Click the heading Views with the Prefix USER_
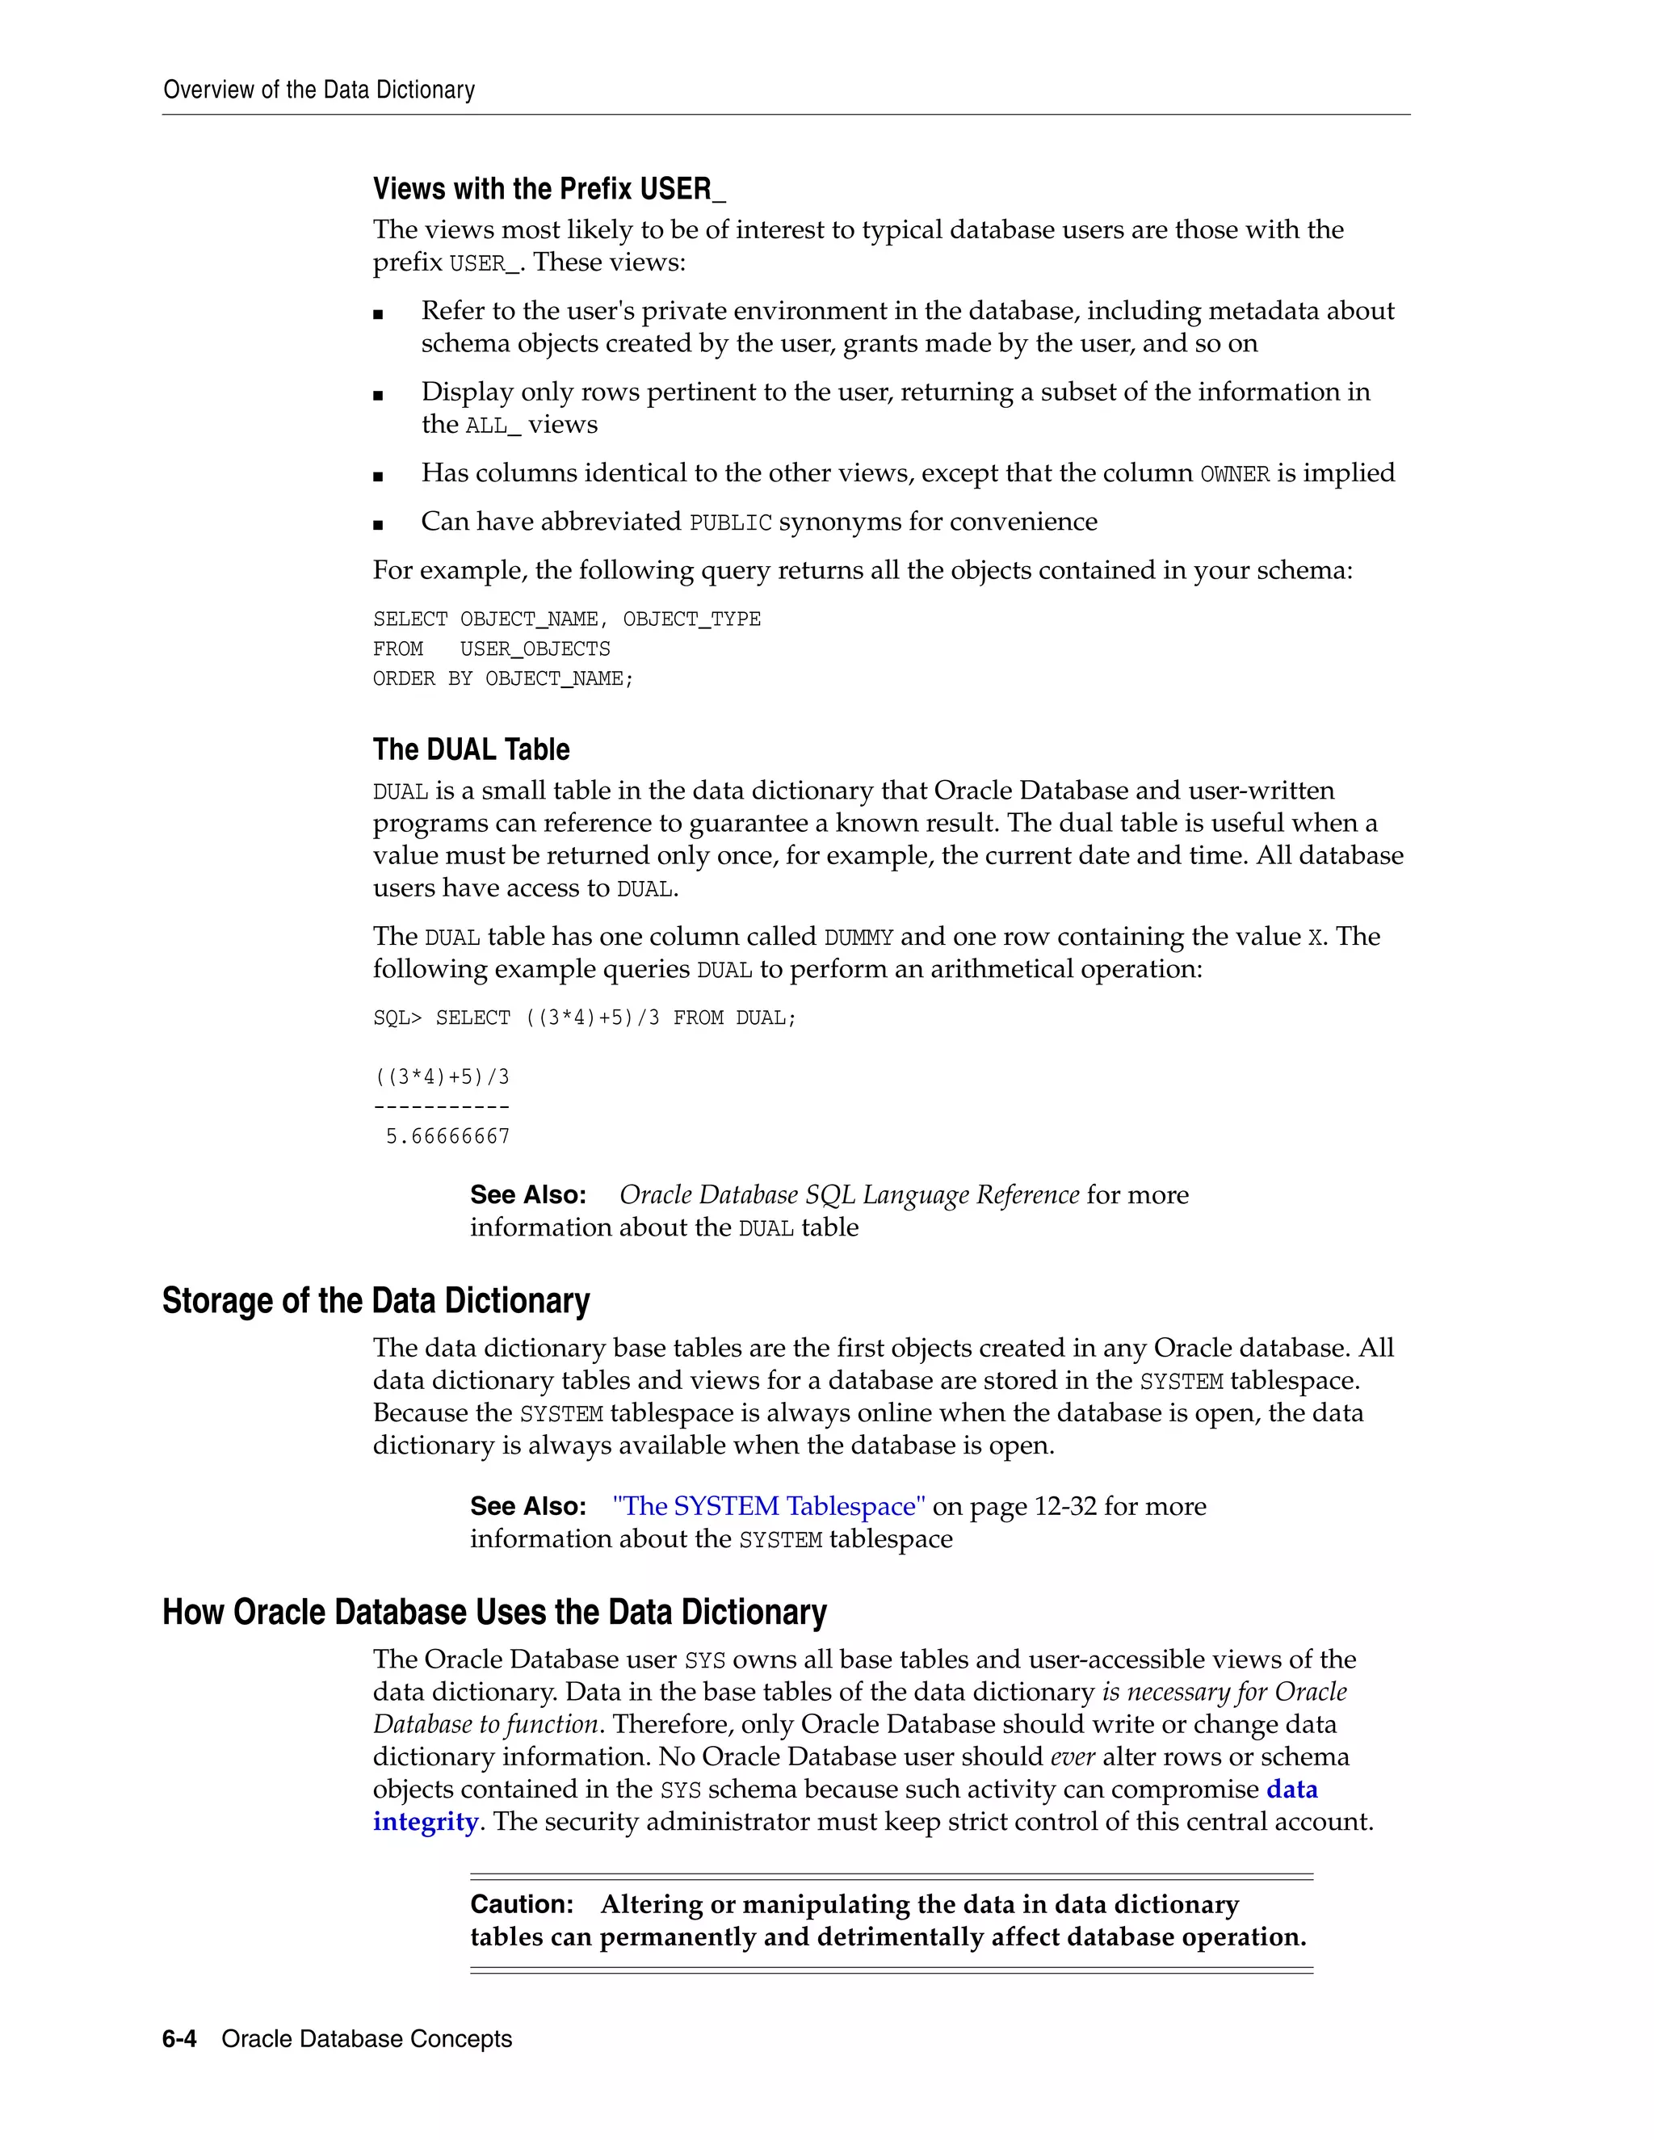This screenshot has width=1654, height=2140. [548, 188]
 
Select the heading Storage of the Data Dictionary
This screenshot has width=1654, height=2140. [376, 1300]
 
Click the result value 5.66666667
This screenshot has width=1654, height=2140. [447, 1137]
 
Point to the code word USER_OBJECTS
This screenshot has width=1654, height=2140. [534, 649]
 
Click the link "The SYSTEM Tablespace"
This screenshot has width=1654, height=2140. [768, 1506]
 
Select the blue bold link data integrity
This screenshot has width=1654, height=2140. [1291, 1790]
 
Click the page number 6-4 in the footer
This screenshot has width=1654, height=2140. [179, 2039]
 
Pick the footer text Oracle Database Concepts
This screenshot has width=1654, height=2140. [367, 2039]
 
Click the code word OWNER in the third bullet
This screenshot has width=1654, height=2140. [1234, 474]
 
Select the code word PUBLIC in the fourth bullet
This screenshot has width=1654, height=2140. [730, 523]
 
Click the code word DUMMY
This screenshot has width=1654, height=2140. [858, 938]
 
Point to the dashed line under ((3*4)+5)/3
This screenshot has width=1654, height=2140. [441, 1107]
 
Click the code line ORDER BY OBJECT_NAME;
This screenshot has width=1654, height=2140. [502, 679]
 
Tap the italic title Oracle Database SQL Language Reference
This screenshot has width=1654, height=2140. [849, 1195]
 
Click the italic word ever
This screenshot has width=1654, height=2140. [1072, 1757]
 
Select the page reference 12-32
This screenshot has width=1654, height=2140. [1065, 1506]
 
